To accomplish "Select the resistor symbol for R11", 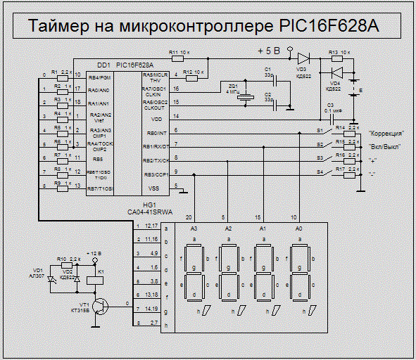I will [x=175, y=58].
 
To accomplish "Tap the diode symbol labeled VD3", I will [x=304, y=58].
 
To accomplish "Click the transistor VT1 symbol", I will [x=101, y=305].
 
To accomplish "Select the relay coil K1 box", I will [x=101, y=279].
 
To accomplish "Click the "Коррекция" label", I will [x=386, y=133].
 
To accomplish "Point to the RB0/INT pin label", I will [x=155, y=131].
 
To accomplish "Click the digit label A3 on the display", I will [x=194, y=229].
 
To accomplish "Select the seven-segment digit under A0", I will [x=301, y=271].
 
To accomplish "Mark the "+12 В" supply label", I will [x=94, y=252].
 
